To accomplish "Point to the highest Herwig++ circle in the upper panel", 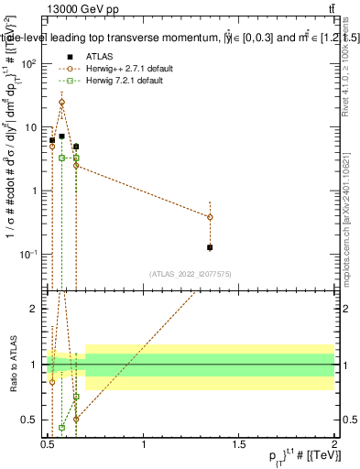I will [x=61, y=103].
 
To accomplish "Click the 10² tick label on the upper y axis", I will [x=27, y=63].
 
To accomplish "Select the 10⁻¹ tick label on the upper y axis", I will [x=27, y=254].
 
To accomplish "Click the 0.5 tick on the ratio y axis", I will [x=30, y=420].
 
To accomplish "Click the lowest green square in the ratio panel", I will [x=61, y=427].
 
